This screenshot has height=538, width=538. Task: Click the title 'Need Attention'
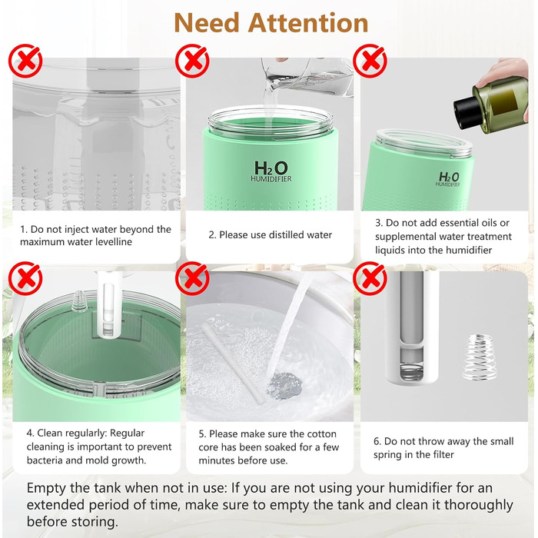[x=271, y=22]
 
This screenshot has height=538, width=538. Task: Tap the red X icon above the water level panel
[x=25, y=61]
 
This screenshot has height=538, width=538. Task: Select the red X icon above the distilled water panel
[x=192, y=61]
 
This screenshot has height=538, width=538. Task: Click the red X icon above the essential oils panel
[x=369, y=61]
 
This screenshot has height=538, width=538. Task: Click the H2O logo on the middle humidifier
[x=271, y=168]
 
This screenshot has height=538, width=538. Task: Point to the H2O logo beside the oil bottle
[x=449, y=178]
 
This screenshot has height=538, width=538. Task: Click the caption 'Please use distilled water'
[x=271, y=234]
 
